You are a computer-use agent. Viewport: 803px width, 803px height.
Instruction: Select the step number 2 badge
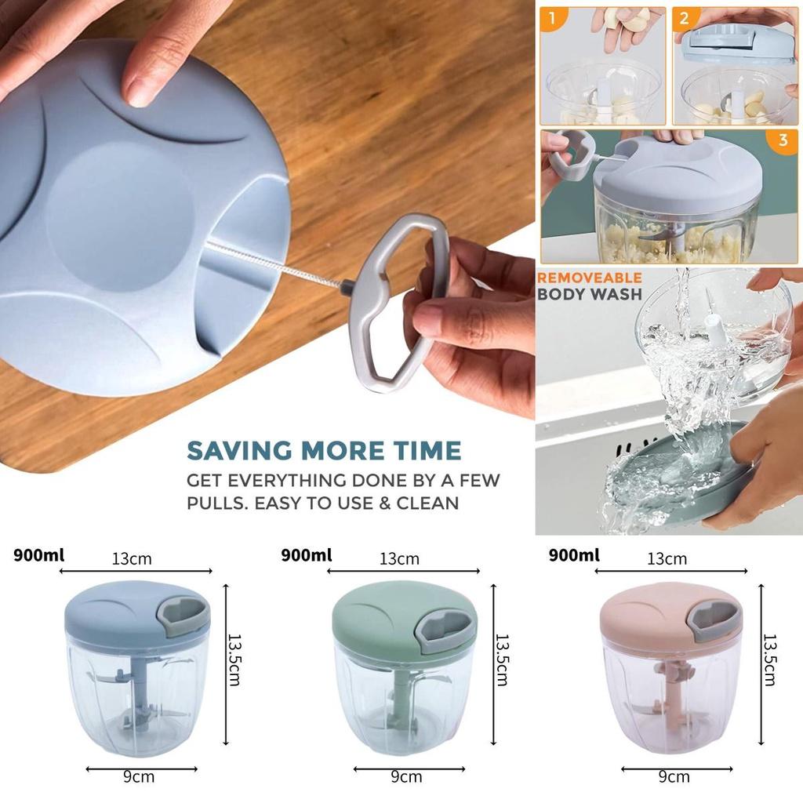685,20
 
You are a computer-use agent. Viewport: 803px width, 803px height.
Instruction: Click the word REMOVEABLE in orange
589,278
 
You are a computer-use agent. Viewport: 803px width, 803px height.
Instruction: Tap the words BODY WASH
589,295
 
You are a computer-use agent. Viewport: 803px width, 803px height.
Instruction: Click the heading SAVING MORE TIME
323,451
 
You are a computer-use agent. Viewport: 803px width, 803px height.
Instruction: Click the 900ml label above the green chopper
306,555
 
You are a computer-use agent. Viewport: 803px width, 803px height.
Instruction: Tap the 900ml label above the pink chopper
574,555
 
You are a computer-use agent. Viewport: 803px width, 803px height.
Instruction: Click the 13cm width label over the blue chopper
132,559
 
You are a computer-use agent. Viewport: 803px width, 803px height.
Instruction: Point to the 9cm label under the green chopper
406,777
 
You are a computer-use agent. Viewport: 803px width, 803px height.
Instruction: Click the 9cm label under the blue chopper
138,777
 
